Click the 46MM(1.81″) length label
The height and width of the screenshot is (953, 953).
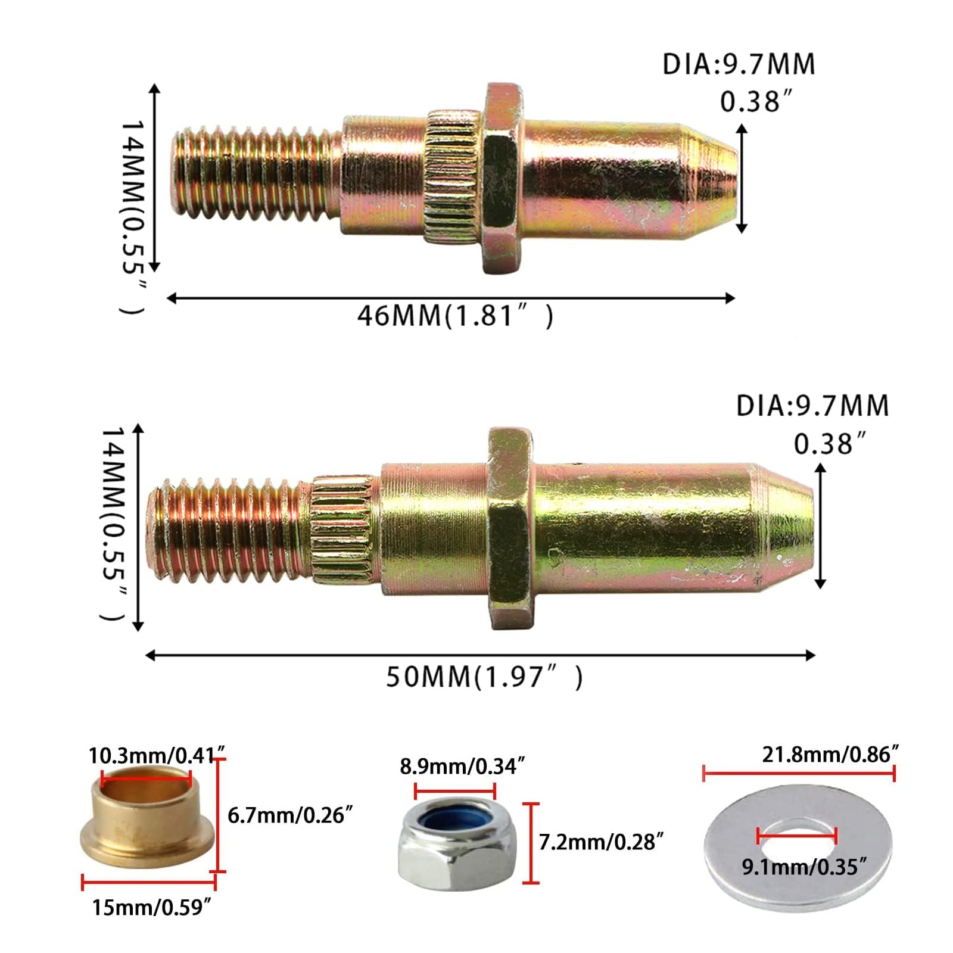455,316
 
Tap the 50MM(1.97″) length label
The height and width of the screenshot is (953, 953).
484,677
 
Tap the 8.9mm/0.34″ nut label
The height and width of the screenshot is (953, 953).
462,766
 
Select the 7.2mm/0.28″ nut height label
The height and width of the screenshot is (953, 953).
601,842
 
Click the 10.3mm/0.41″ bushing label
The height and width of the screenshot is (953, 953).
158,756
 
